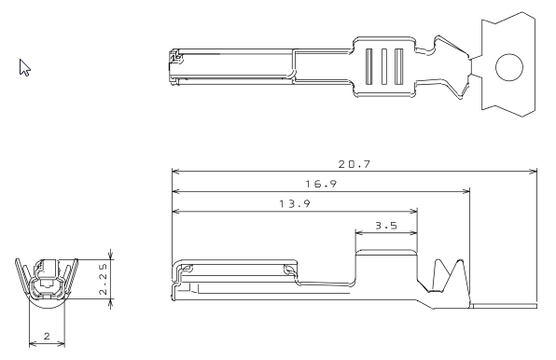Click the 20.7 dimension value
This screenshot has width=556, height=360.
coord(354,164)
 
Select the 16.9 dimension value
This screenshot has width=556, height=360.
coord(321,184)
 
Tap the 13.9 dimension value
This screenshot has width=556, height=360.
coord(295,203)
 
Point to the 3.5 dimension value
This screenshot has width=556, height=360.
coord(386,226)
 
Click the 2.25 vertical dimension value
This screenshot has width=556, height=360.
coord(103,279)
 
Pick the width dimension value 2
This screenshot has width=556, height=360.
coord(48,336)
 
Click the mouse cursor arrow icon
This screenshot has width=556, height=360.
coord(24,67)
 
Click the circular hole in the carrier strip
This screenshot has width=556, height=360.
coord(509,67)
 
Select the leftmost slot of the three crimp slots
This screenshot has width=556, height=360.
coord(368,66)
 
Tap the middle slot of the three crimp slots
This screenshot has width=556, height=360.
coord(384,66)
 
